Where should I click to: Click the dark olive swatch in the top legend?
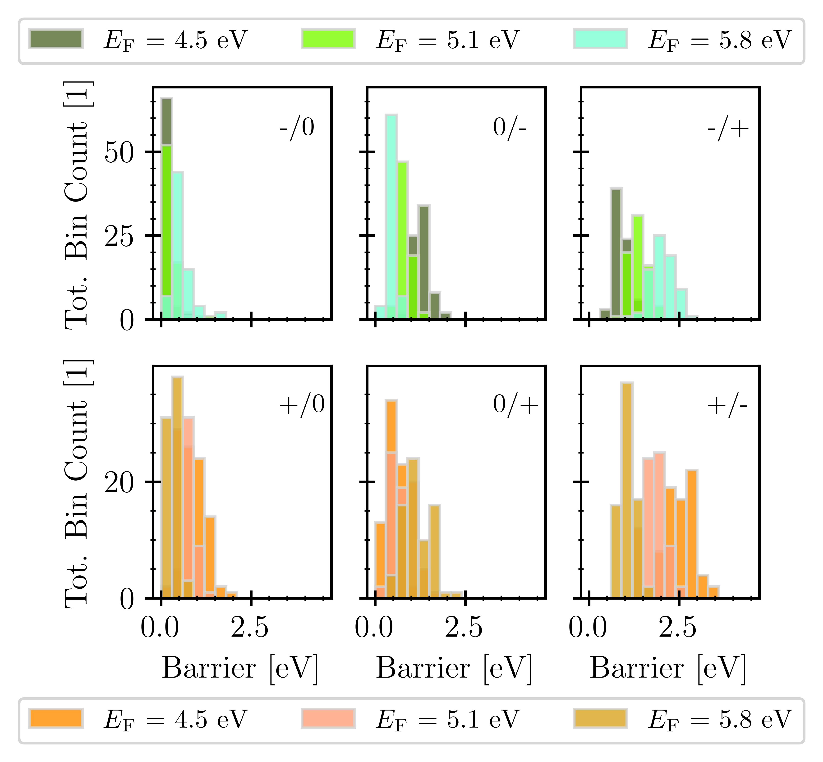[56, 40]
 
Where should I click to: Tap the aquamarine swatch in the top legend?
[600, 40]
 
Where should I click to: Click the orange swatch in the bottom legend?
[56, 718]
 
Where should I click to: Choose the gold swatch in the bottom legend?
[600, 718]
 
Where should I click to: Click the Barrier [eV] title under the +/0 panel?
[240, 668]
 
